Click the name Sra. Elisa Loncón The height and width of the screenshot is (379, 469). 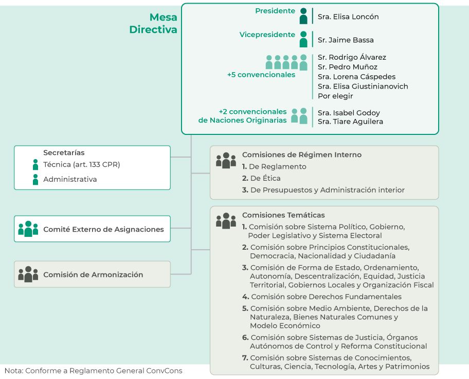[x=348, y=16]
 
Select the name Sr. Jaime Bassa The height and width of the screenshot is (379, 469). [x=346, y=40]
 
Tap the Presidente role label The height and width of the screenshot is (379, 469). [x=275, y=11]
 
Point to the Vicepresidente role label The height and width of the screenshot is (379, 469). [x=267, y=35]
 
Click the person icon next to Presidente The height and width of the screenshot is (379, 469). [x=303, y=16]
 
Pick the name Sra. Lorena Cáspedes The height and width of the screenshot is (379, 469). [x=356, y=77]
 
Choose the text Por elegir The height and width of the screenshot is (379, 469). [x=335, y=96]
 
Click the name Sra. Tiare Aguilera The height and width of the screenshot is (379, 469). [x=350, y=122]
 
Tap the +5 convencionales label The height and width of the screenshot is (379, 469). [x=261, y=75]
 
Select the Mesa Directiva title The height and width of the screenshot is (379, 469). [x=153, y=24]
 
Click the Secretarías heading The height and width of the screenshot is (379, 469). [x=64, y=153]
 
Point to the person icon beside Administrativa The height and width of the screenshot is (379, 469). [x=35, y=179]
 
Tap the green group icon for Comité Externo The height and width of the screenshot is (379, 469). [x=28, y=229]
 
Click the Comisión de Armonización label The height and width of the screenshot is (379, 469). [x=93, y=275]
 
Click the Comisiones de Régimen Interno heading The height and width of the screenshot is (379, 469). [x=302, y=155]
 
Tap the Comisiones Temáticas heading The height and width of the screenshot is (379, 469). [x=283, y=215]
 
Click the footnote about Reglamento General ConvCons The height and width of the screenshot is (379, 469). [x=93, y=371]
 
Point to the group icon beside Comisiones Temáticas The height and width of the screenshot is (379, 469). [x=226, y=220]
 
